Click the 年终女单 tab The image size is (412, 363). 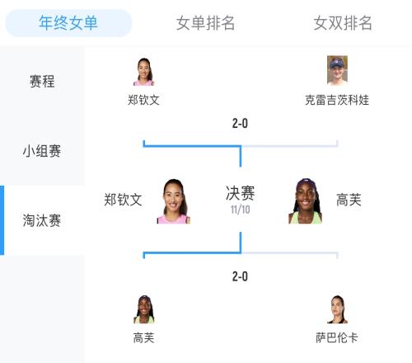click(x=68, y=23)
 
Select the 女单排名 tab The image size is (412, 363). click(x=205, y=23)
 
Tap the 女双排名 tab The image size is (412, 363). click(x=343, y=23)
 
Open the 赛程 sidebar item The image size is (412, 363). click(x=42, y=82)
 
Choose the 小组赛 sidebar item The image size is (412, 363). click(x=42, y=151)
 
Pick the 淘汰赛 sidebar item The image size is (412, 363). click(x=42, y=220)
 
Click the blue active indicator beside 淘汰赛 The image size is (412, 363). click(x=2, y=220)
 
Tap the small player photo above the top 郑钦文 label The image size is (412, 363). click(x=143, y=72)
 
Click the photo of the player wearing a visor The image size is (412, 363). click(x=337, y=70)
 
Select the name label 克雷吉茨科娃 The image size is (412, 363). click(x=337, y=100)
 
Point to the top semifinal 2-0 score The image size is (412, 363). click(x=240, y=123)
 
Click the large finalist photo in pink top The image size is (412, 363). click(x=173, y=201)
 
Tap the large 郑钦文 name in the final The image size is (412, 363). click(x=123, y=200)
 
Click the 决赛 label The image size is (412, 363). click(x=241, y=193)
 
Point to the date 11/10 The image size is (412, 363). click(x=241, y=210)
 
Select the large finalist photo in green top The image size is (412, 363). click(x=305, y=201)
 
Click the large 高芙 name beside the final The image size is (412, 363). click(x=349, y=200)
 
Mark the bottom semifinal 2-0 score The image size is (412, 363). click(x=240, y=276)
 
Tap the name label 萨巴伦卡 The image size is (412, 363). click(x=337, y=337)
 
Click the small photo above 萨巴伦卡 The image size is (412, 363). click(x=337, y=309)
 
